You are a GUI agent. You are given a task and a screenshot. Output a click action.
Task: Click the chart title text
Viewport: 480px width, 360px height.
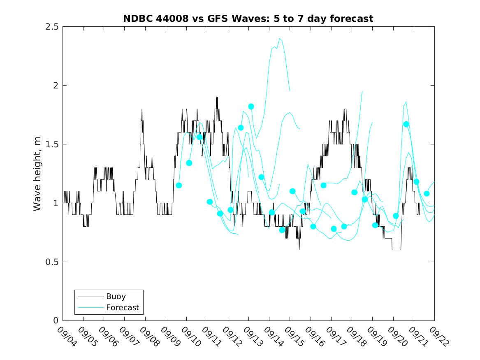[x=248, y=19]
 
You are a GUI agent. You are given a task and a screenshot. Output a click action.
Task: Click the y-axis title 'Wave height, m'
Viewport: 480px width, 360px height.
[x=37, y=174]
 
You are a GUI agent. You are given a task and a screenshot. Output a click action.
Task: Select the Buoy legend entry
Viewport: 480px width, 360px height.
[x=116, y=296]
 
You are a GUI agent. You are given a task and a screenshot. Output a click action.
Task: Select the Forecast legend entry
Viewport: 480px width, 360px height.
[x=122, y=307]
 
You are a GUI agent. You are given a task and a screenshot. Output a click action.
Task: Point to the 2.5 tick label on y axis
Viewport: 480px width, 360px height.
[x=51, y=27]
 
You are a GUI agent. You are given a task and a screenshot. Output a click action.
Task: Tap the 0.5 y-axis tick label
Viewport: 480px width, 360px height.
[x=51, y=262]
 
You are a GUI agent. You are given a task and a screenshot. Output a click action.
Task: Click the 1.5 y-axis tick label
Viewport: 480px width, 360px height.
[x=51, y=144]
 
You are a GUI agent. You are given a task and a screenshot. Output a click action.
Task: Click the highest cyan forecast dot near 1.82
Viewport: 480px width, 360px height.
[x=251, y=107]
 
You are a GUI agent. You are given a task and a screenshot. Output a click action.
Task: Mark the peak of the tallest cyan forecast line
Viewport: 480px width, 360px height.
[x=280, y=38]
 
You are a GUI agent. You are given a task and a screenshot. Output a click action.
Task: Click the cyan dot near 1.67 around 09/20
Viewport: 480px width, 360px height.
[x=406, y=124]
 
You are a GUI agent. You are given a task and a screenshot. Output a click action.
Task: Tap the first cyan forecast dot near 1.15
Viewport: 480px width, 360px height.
[x=179, y=186]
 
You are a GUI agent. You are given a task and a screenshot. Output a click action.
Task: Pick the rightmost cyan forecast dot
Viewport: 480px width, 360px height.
[x=427, y=193]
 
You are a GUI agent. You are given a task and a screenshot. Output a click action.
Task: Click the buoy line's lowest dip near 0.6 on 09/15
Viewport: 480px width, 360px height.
[x=299, y=250]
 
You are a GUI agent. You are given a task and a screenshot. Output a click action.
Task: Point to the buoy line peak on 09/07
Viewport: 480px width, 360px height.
[x=142, y=109]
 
